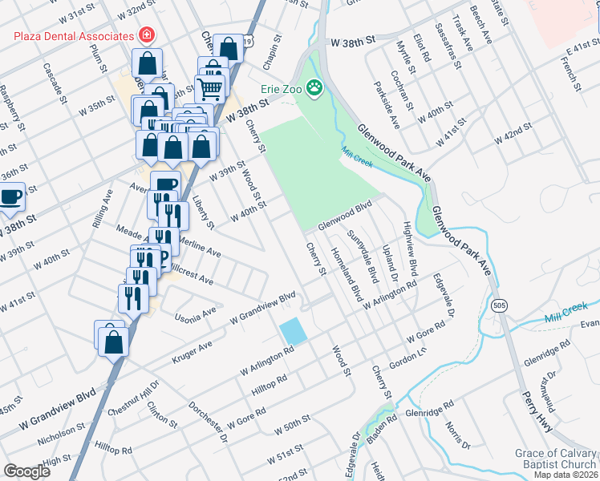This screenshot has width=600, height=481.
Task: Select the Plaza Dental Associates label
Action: tap(73, 36)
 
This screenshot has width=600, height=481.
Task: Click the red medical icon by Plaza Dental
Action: tap(146, 36)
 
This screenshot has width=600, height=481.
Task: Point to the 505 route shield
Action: tap(500, 305)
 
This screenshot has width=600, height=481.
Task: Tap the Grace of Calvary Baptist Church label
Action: tap(556, 459)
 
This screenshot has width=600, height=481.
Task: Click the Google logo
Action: tap(26, 471)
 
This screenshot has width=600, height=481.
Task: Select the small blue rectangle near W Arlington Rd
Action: tap(293, 331)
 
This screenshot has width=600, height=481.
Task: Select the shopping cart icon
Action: tap(209, 87)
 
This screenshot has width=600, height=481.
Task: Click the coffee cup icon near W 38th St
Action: tap(10, 196)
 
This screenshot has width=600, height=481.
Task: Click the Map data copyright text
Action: tap(565, 474)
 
